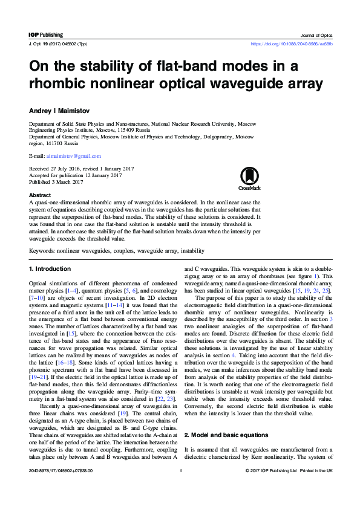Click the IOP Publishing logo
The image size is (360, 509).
pyautogui.click(x=46, y=35)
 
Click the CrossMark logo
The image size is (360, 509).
pyautogui.click(x=250, y=178)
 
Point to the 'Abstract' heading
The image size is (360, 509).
pyautogui.click(x=40, y=195)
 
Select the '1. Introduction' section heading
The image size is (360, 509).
pyautogui.click(x=50, y=268)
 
